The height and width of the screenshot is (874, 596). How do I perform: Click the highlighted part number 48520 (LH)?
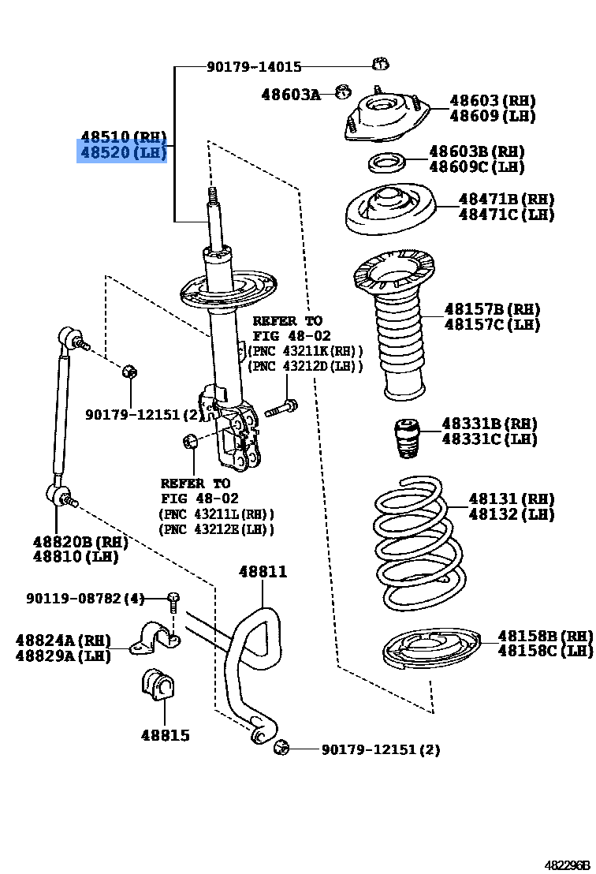(122, 152)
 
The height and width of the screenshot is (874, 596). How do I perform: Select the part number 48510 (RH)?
(122, 136)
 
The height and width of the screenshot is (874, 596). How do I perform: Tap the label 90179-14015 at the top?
(254, 68)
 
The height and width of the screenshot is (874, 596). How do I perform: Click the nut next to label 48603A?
(342, 92)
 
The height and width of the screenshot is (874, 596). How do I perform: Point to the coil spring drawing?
(412, 544)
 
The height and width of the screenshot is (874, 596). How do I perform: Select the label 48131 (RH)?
(511, 499)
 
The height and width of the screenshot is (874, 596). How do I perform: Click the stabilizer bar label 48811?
(263, 572)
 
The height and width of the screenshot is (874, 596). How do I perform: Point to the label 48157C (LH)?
(492, 324)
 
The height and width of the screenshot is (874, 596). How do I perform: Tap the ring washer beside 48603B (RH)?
(386, 163)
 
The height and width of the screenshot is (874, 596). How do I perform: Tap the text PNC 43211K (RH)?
(306, 351)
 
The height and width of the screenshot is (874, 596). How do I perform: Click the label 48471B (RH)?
(506, 199)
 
